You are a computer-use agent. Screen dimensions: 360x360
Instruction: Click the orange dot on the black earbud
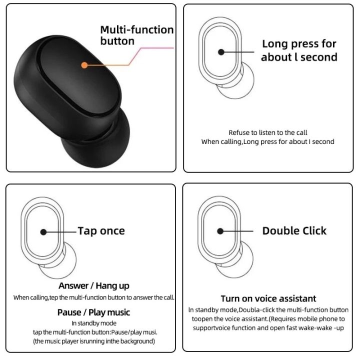click(84, 65)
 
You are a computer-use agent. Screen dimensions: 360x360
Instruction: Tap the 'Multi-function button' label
click(136, 35)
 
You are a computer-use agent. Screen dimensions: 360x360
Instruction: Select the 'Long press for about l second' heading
click(299, 50)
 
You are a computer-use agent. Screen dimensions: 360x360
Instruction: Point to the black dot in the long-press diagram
click(220, 51)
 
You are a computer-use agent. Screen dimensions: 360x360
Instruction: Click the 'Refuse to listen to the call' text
click(268, 132)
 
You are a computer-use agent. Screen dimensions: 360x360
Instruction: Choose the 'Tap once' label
click(101, 230)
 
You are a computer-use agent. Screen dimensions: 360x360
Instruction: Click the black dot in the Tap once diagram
click(43, 231)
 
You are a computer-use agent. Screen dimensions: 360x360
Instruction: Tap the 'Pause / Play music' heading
click(93, 312)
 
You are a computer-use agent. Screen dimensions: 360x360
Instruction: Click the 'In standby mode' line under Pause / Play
click(93, 323)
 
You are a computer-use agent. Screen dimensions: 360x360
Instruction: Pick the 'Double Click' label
click(294, 230)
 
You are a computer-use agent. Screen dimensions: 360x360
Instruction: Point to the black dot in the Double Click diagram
click(220, 231)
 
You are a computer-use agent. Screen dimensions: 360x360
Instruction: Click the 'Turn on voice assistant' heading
click(268, 298)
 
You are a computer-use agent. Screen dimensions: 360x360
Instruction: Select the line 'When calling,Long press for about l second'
click(268, 141)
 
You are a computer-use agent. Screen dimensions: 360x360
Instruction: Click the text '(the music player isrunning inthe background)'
click(93, 341)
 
